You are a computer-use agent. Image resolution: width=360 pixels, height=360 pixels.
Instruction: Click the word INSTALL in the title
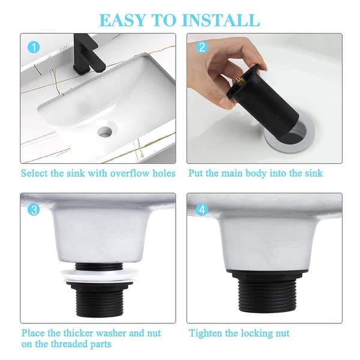[x=221, y=20]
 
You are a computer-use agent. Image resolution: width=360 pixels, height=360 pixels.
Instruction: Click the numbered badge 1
[x=34, y=47]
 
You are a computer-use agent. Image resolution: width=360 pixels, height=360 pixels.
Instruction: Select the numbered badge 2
[x=202, y=47]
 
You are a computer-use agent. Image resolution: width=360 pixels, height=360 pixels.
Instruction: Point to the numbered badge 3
[x=34, y=210]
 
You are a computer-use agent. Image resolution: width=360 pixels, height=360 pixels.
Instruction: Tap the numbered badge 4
[x=202, y=209]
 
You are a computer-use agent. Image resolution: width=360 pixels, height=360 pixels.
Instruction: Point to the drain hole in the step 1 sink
[x=106, y=131]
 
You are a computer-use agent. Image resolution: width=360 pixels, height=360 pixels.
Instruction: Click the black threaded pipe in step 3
[x=100, y=298]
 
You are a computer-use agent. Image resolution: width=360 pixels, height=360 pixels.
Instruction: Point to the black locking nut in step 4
[x=267, y=276]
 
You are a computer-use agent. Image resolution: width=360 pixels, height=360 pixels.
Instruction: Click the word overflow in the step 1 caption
[x=130, y=173]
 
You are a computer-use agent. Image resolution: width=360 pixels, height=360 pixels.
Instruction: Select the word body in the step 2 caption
[x=256, y=173]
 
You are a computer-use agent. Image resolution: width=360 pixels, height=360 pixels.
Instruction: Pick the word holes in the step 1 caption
[x=164, y=173]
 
